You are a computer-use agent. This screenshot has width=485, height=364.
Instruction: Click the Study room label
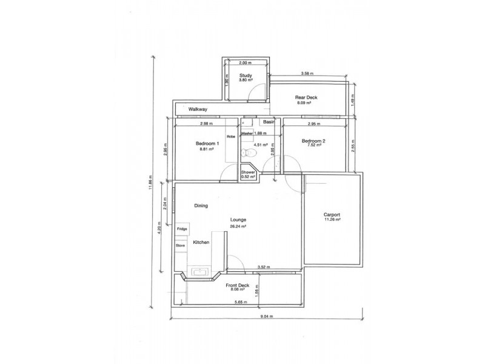pos(245,75)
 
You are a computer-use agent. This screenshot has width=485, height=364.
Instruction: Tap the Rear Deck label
pos(306,98)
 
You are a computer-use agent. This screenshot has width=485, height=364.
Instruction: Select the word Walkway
pos(198,109)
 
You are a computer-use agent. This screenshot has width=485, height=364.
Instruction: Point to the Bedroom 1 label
pos(207,143)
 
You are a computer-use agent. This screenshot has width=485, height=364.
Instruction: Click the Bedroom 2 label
pos(314,141)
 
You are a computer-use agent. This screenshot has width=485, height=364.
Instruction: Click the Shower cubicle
pos(249,174)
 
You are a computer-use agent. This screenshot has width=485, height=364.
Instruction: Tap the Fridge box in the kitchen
pos(182,229)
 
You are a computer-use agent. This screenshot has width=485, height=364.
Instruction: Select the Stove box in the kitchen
pos(181,245)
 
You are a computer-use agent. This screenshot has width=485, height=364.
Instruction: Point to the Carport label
pos(332,215)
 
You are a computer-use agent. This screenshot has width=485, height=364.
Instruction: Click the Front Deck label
pos(238,285)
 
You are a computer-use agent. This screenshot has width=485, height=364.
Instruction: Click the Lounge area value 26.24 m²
pos(236,226)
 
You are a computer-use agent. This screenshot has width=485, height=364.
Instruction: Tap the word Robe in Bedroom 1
pos(230,136)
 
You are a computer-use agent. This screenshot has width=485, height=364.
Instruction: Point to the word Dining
pos(201,206)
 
